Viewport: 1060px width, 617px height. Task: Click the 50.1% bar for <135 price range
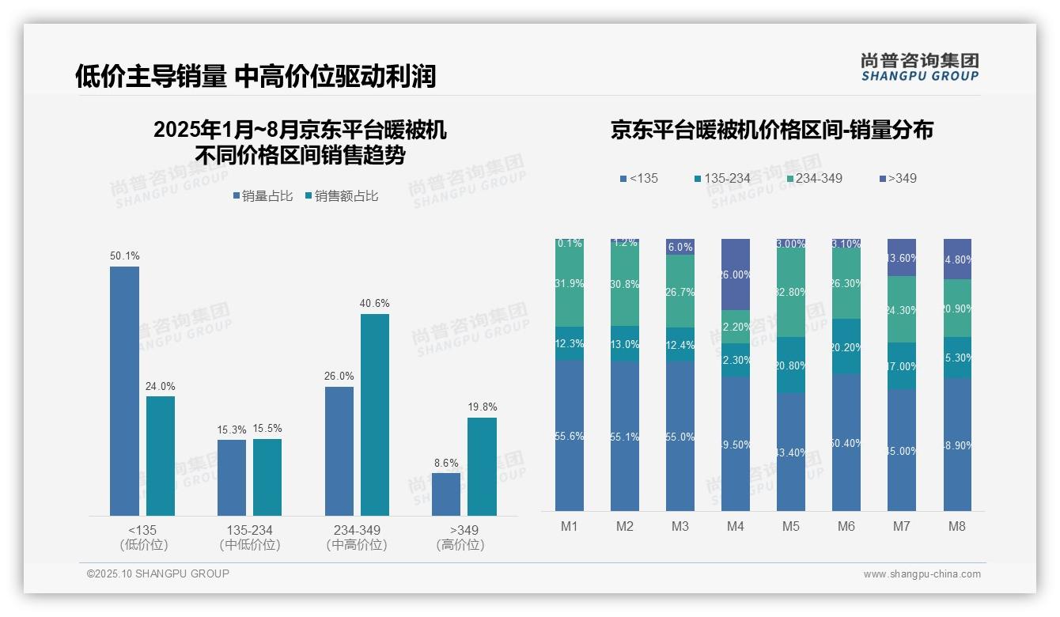[x=124, y=391]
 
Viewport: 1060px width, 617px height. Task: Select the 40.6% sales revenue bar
[x=375, y=414]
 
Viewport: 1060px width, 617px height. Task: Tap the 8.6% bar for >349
[x=446, y=494]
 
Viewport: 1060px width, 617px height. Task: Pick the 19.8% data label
[x=482, y=407]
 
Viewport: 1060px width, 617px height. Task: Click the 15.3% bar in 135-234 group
[x=232, y=478]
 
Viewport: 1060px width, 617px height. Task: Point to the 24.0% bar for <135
[x=161, y=456]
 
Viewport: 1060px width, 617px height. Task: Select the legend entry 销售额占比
[x=341, y=196]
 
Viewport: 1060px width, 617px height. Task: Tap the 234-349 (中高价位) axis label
[x=357, y=537]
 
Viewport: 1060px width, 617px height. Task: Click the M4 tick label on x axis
[x=736, y=526]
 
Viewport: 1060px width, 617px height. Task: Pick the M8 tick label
[x=957, y=526]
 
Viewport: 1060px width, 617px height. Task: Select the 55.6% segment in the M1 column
[x=570, y=436]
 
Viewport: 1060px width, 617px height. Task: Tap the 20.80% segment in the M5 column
[x=791, y=365]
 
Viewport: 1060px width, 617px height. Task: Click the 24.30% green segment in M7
[x=902, y=309]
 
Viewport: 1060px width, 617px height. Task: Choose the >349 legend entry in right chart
[x=897, y=178]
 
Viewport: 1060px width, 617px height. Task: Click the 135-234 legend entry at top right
[x=721, y=178]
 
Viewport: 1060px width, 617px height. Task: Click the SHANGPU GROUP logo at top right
[x=919, y=67]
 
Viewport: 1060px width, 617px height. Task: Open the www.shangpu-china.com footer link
[x=922, y=574]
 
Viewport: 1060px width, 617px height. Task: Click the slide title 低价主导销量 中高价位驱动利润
[x=256, y=76]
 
